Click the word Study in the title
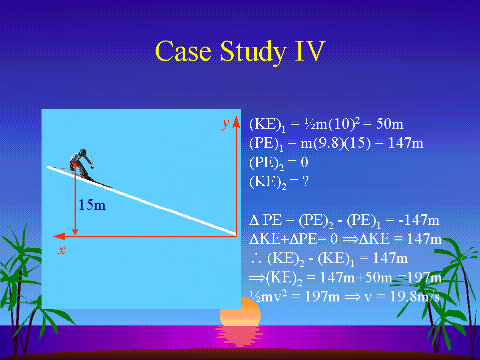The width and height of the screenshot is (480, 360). (x=253, y=52)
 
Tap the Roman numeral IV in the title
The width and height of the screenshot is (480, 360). (x=309, y=51)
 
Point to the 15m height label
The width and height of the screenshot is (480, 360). (x=92, y=205)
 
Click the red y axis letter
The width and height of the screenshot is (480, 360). (x=226, y=124)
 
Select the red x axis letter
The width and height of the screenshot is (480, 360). (x=62, y=250)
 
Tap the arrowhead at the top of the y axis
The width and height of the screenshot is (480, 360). (x=236, y=121)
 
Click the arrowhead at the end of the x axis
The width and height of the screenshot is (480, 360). (x=60, y=236)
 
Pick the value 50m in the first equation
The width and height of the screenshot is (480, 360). (x=390, y=124)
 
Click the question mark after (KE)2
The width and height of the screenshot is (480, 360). (x=305, y=181)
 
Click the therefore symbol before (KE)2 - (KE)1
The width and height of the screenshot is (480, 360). (x=256, y=259)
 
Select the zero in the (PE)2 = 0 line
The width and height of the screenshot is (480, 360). (x=304, y=162)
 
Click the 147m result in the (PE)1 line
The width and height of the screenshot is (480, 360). (x=405, y=143)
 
